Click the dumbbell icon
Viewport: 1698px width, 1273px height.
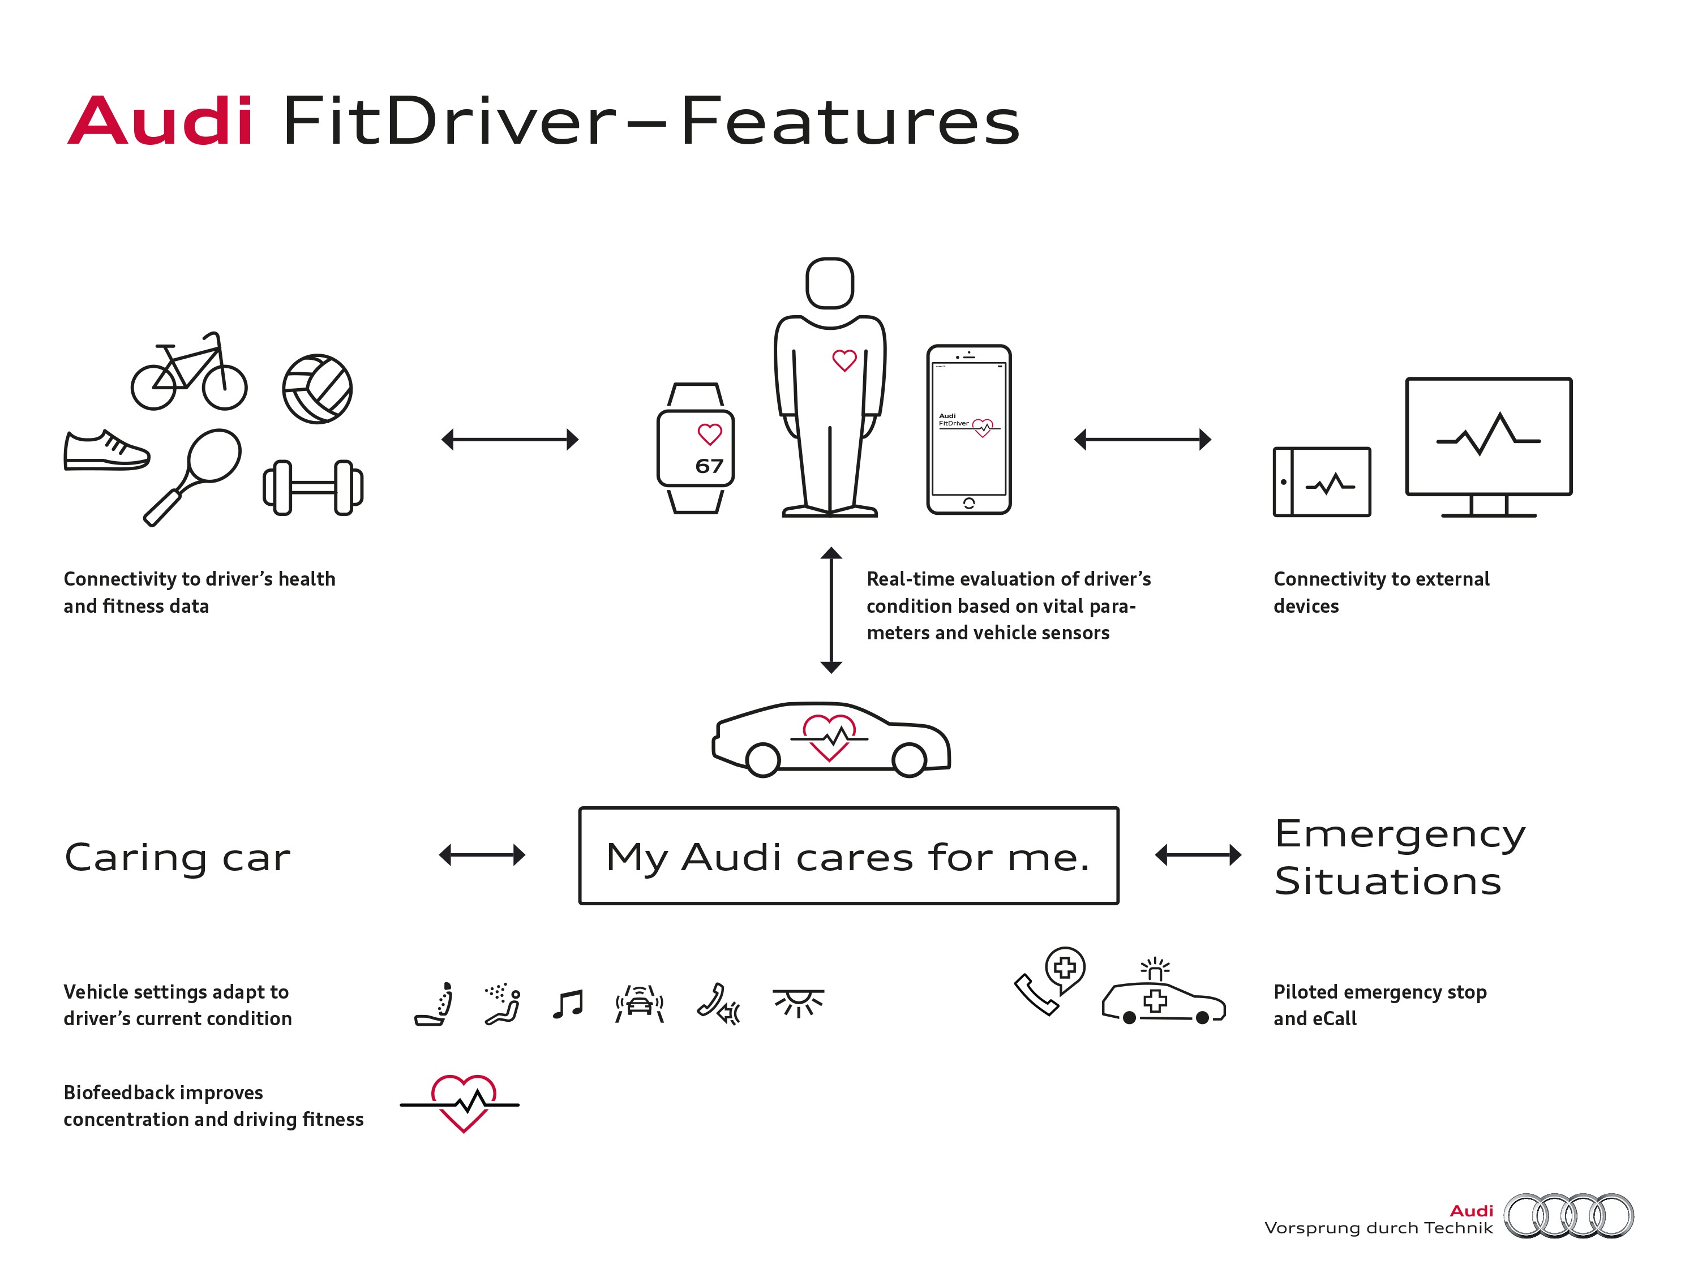point(313,487)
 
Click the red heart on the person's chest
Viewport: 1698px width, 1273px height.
point(844,360)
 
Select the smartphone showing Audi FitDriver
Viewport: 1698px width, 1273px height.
point(969,429)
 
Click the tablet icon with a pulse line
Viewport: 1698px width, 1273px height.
point(1321,482)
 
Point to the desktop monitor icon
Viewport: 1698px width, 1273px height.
point(1487,445)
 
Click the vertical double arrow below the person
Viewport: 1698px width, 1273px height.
point(830,610)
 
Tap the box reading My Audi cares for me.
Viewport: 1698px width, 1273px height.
point(848,855)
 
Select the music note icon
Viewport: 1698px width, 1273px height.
point(568,1004)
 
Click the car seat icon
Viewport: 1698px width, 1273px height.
point(435,1004)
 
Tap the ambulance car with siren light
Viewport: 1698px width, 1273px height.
point(1163,997)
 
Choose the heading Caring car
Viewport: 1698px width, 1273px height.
point(177,857)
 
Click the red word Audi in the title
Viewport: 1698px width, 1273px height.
point(160,121)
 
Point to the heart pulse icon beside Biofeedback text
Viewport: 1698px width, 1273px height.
point(461,1103)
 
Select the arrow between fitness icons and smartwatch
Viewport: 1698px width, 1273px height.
point(510,440)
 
